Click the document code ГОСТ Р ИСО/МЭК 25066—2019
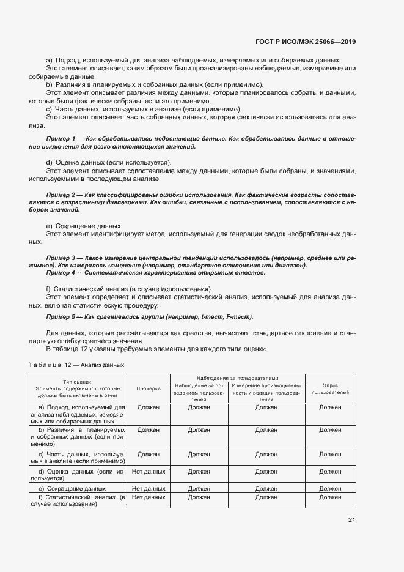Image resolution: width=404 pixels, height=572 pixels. [x=305, y=42]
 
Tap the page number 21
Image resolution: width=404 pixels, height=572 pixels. [x=351, y=519]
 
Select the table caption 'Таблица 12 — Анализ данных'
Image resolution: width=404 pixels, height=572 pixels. [x=76, y=365]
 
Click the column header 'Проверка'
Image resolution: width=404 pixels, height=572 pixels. [x=149, y=388]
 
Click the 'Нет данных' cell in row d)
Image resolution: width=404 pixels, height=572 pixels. [x=149, y=472]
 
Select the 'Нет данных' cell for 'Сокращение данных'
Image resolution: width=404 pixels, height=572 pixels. [x=149, y=488]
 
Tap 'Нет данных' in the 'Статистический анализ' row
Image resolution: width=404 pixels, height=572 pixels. [x=149, y=497]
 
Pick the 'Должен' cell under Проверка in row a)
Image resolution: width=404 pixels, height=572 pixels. [x=149, y=406]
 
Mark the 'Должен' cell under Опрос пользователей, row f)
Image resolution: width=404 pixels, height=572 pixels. [x=330, y=497]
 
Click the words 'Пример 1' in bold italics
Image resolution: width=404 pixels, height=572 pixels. [x=61, y=139]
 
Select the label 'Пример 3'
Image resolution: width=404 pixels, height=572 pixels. [x=61, y=258]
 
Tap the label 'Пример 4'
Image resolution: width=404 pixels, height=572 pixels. [x=61, y=273]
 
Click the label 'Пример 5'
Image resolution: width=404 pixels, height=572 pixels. [x=61, y=317]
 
